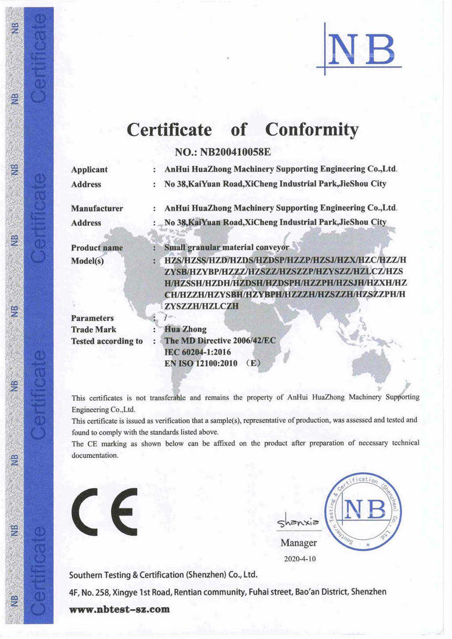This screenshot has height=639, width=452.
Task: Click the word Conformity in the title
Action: [312, 130]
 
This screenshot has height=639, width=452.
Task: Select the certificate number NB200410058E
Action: [235, 153]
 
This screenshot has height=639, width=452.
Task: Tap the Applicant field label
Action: [89, 170]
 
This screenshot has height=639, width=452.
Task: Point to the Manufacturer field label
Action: [97, 209]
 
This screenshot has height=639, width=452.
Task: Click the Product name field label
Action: [97, 248]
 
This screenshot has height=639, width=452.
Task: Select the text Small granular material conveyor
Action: [226, 247]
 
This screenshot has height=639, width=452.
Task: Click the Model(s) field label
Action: [87, 261]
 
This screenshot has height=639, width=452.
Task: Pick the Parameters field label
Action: [92, 318]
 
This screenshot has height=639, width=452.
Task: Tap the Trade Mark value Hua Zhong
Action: [185, 329]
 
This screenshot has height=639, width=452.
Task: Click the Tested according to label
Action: [107, 341]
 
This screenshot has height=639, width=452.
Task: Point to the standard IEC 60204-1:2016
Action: [197, 352]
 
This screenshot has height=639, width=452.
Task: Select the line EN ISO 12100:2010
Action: [201, 364]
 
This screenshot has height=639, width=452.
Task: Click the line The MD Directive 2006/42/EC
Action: [220, 341]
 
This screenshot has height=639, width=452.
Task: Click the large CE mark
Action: [105, 509]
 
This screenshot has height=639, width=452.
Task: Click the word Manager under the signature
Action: [298, 543]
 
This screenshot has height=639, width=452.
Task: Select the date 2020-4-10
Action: [300, 559]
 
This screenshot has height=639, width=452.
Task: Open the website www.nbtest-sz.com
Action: [120, 609]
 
